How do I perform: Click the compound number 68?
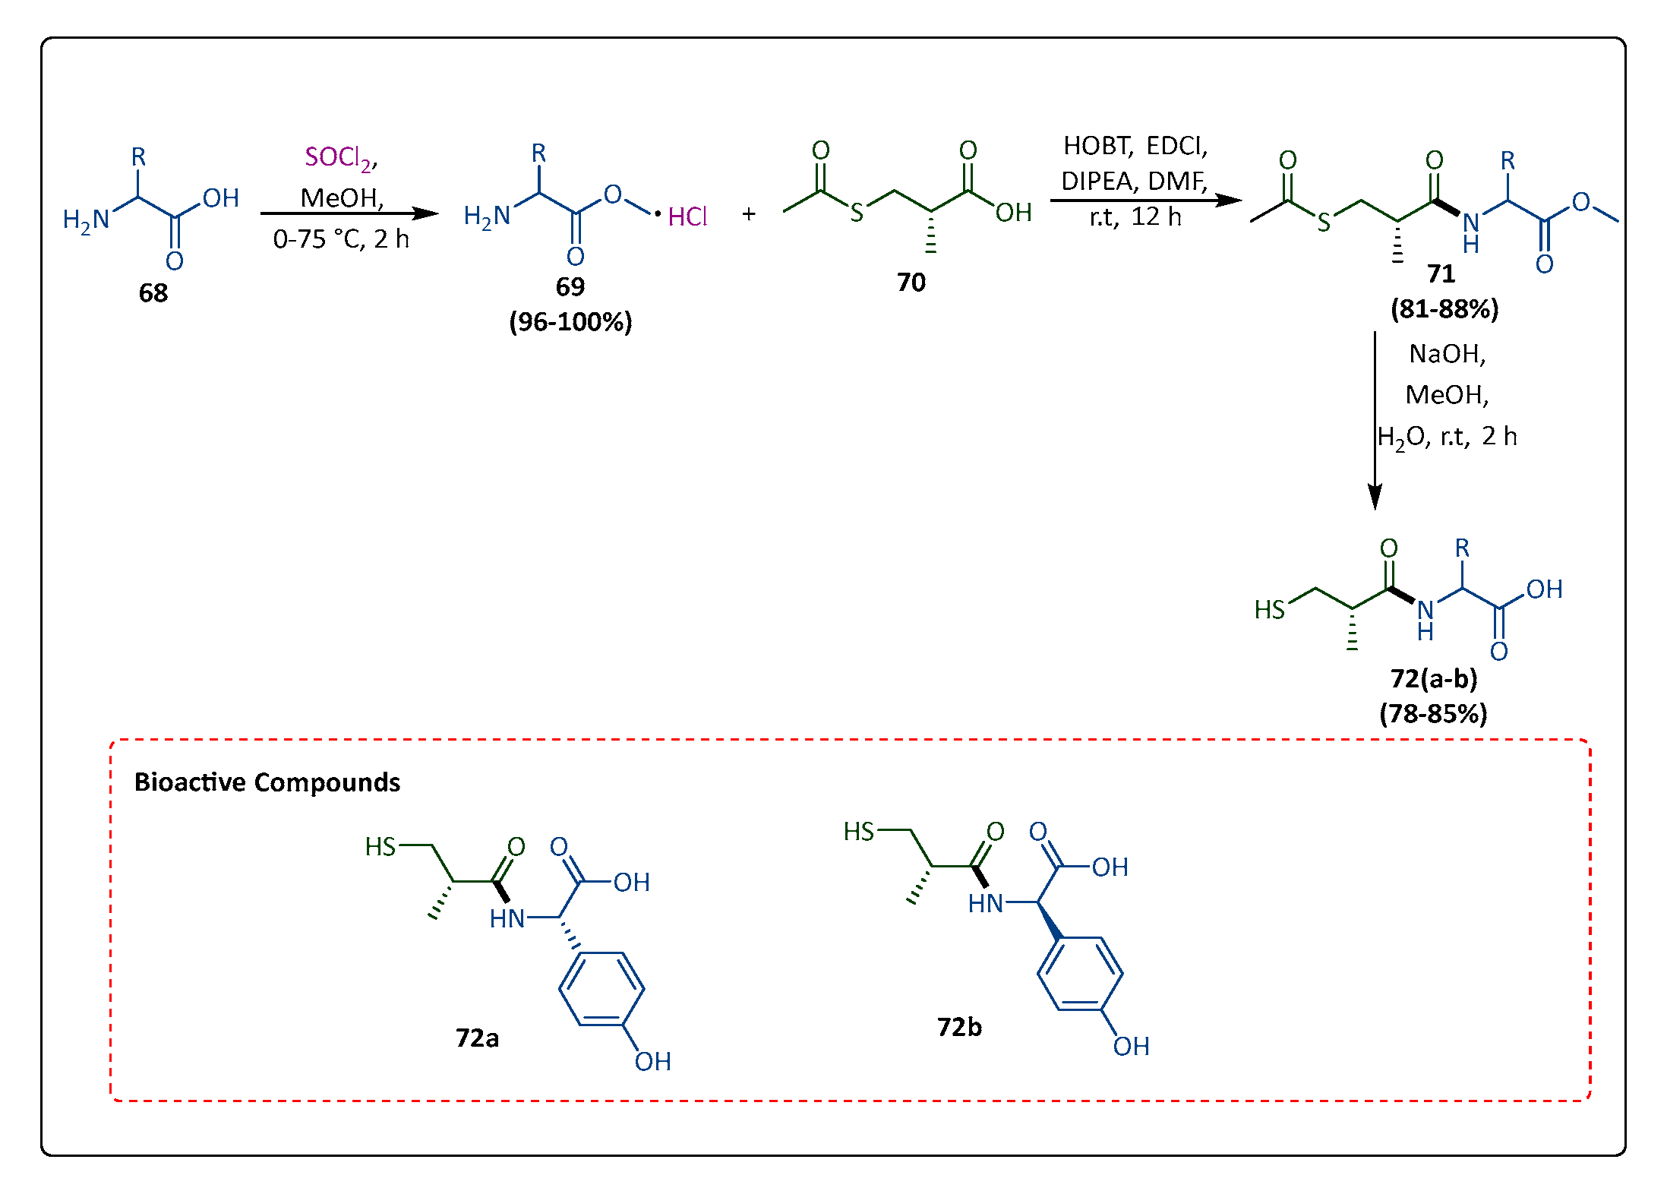coord(153,293)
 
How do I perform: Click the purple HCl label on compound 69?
coord(687,217)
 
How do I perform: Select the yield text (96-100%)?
coord(570,322)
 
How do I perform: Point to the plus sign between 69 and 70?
coord(749,215)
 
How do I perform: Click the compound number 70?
coord(911,283)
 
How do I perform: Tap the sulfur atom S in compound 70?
coord(857,213)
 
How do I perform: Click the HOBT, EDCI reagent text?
coord(1135,145)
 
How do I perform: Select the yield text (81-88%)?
coord(1444,309)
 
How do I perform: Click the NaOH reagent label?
coord(1447,354)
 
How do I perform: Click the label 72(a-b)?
coord(1434,678)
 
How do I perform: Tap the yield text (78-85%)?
coord(1433,714)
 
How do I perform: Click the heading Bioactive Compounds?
coord(267,782)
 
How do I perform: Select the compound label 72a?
coord(477,1038)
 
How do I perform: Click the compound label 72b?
coord(959,1028)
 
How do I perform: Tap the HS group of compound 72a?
coord(380,846)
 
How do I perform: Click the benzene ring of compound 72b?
coord(1080,974)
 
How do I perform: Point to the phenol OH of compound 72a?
coord(652,1061)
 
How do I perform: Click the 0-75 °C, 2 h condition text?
coord(341,240)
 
